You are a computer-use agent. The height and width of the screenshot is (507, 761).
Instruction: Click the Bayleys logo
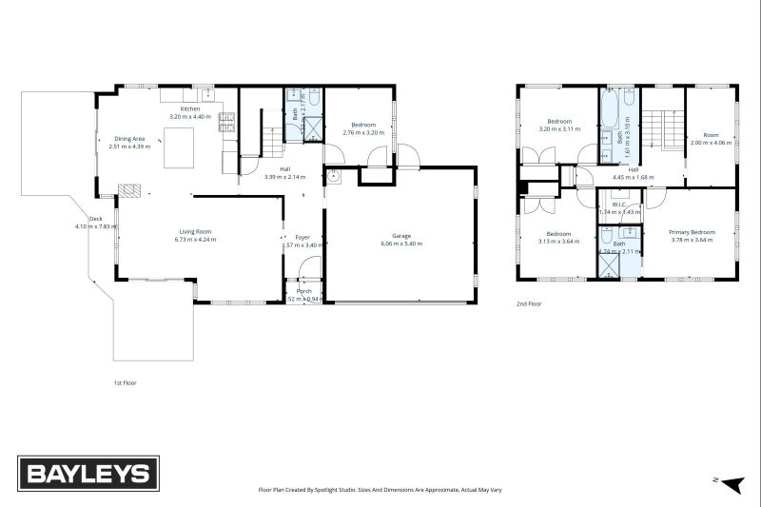pyautogui.click(x=88, y=473)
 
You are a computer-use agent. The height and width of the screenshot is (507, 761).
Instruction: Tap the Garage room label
pyautogui.click(x=400, y=235)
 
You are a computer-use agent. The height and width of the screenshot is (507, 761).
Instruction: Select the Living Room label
pyautogui.click(x=195, y=231)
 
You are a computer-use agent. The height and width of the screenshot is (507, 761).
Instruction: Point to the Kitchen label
pyautogui.click(x=191, y=109)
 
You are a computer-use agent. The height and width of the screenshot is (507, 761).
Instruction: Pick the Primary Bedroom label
pyautogui.click(x=691, y=232)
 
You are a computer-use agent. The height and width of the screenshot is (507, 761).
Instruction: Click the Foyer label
pyautogui.click(x=302, y=236)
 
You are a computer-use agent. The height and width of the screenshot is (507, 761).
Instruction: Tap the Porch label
pyautogui.click(x=304, y=291)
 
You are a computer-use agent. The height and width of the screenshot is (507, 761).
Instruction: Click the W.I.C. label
pyautogui.click(x=617, y=204)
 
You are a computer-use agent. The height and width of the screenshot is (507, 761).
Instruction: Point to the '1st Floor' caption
pyautogui.click(x=124, y=382)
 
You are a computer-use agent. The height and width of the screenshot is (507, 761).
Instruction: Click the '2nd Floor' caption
pyautogui.click(x=529, y=304)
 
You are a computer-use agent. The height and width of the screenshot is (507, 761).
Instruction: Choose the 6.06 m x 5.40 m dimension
pyautogui.click(x=400, y=244)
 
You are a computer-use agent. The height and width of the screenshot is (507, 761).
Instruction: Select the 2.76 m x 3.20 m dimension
pyautogui.click(x=363, y=132)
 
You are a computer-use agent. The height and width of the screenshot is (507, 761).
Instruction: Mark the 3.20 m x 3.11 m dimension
pyautogui.click(x=558, y=128)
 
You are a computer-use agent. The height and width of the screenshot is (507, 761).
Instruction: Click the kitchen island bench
pyautogui.click(x=179, y=151)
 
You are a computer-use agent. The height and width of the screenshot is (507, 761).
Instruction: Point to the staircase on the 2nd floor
pyautogui.click(x=663, y=128)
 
